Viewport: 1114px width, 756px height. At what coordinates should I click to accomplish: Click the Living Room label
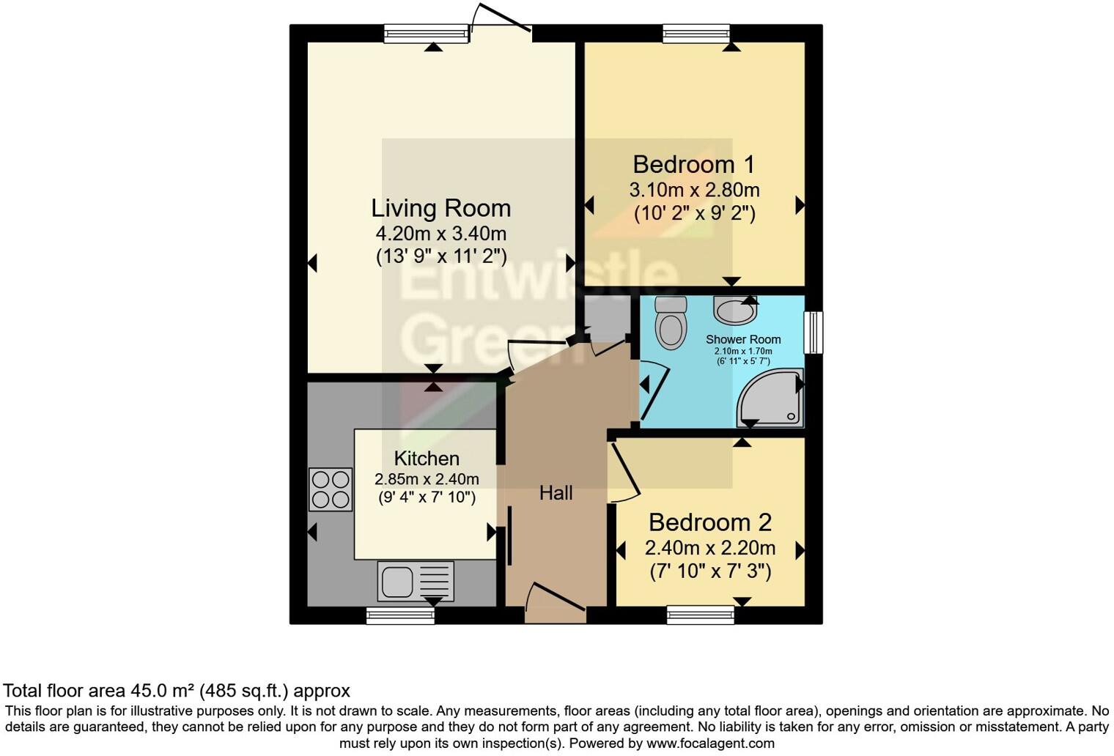pos(440,208)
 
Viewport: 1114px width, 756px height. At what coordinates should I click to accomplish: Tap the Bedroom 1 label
pos(693,164)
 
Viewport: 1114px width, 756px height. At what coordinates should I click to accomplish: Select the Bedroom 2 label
pos(709,522)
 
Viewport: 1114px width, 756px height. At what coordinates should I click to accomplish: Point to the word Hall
pos(556,493)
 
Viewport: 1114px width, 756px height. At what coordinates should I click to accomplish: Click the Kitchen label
pos(427,459)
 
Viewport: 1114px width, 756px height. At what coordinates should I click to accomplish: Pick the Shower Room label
pos(742,339)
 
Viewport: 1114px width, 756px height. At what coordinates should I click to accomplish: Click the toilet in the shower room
pos(671,322)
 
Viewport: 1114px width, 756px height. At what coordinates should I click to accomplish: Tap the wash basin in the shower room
pos(734,311)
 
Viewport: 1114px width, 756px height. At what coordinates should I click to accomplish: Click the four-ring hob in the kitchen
pos(331,489)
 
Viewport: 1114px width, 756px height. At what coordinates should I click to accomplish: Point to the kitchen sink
pos(416,582)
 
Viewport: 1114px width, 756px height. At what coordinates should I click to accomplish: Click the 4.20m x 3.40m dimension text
pos(440,234)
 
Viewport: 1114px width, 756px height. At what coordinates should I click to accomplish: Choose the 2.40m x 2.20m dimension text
pos(709,548)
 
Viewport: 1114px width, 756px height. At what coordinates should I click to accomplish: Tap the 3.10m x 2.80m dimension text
pos(693,190)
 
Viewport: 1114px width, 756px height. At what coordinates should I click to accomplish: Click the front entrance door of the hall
pos(555,597)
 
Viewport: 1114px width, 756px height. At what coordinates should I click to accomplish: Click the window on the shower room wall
pos(814,333)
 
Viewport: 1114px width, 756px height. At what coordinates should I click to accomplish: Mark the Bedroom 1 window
pos(696,33)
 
